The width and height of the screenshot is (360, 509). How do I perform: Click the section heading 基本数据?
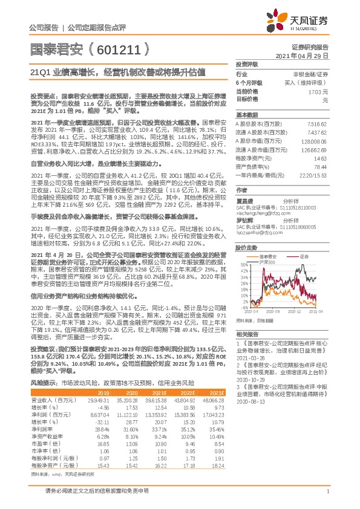[246, 114]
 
